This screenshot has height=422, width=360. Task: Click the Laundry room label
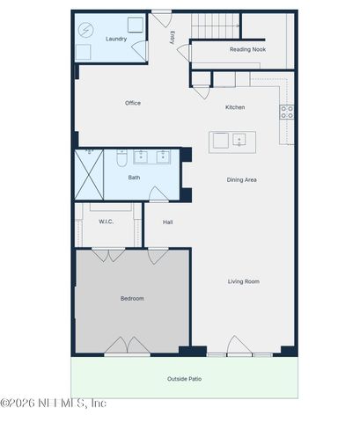point(115,39)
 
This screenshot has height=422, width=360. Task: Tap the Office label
point(133,103)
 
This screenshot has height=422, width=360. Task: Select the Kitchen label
point(235,107)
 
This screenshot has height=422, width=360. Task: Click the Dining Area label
point(241,179)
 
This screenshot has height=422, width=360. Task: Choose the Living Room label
point(244,281)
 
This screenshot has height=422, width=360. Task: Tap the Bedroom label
point(132,299)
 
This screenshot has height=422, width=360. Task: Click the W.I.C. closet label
point(107,222)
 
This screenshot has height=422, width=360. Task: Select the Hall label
point(167,222)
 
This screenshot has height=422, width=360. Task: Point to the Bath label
point(134,178)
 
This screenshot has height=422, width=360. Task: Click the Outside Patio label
point(184,379)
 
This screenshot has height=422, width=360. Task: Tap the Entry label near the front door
point(173,38)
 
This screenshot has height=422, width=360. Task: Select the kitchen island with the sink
point(231,140)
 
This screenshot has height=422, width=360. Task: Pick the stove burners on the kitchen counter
point(287,112)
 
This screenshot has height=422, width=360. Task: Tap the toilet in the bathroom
point(122,158)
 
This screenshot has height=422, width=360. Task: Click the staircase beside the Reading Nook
point(216,26)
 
